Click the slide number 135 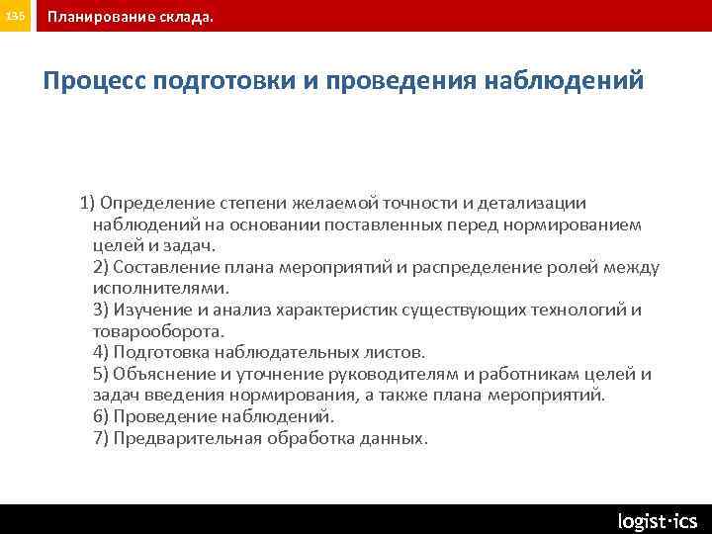[17, 17]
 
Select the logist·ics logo [657, 520]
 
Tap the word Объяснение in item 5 [161, 374]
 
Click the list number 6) [101, 416]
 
